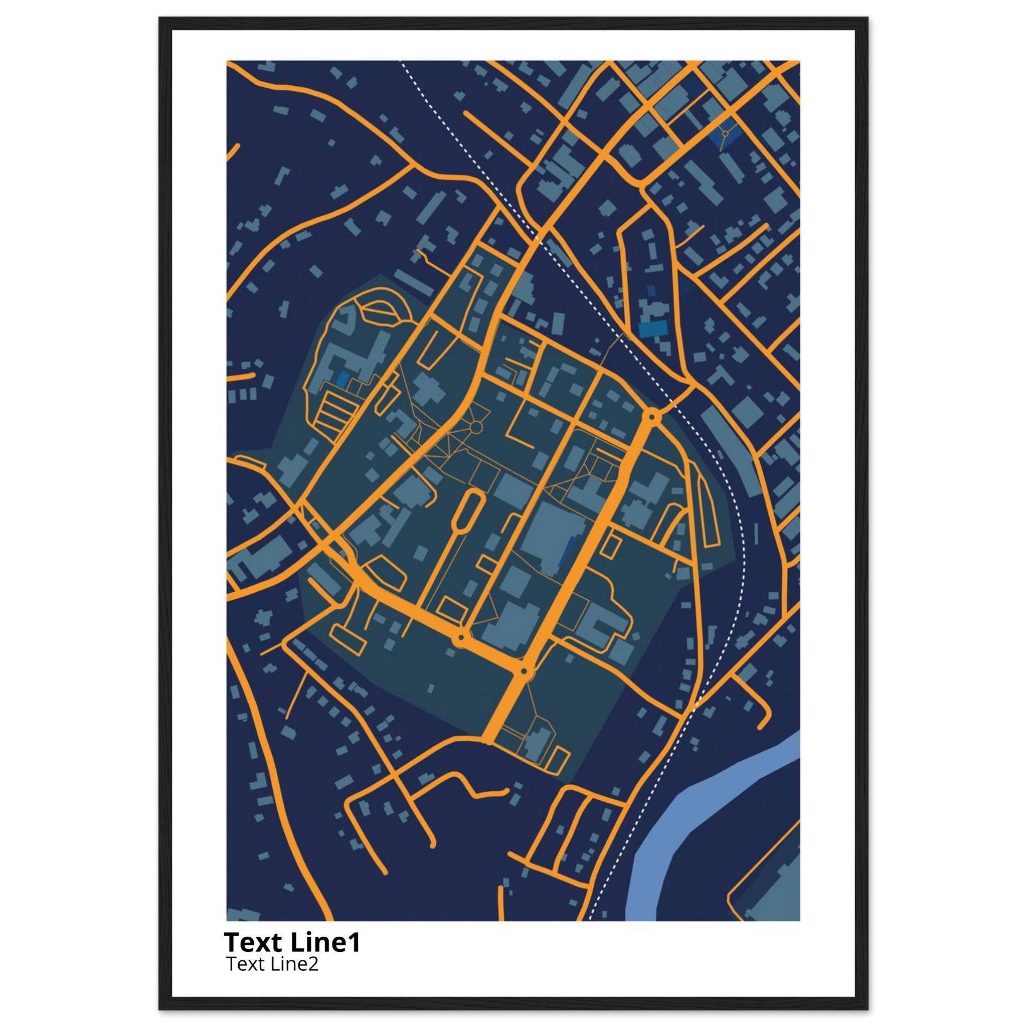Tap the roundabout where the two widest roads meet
click(x=524, y=672)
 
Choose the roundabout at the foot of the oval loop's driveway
click(x=461, y=636)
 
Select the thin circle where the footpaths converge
click(x=476, y=426)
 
